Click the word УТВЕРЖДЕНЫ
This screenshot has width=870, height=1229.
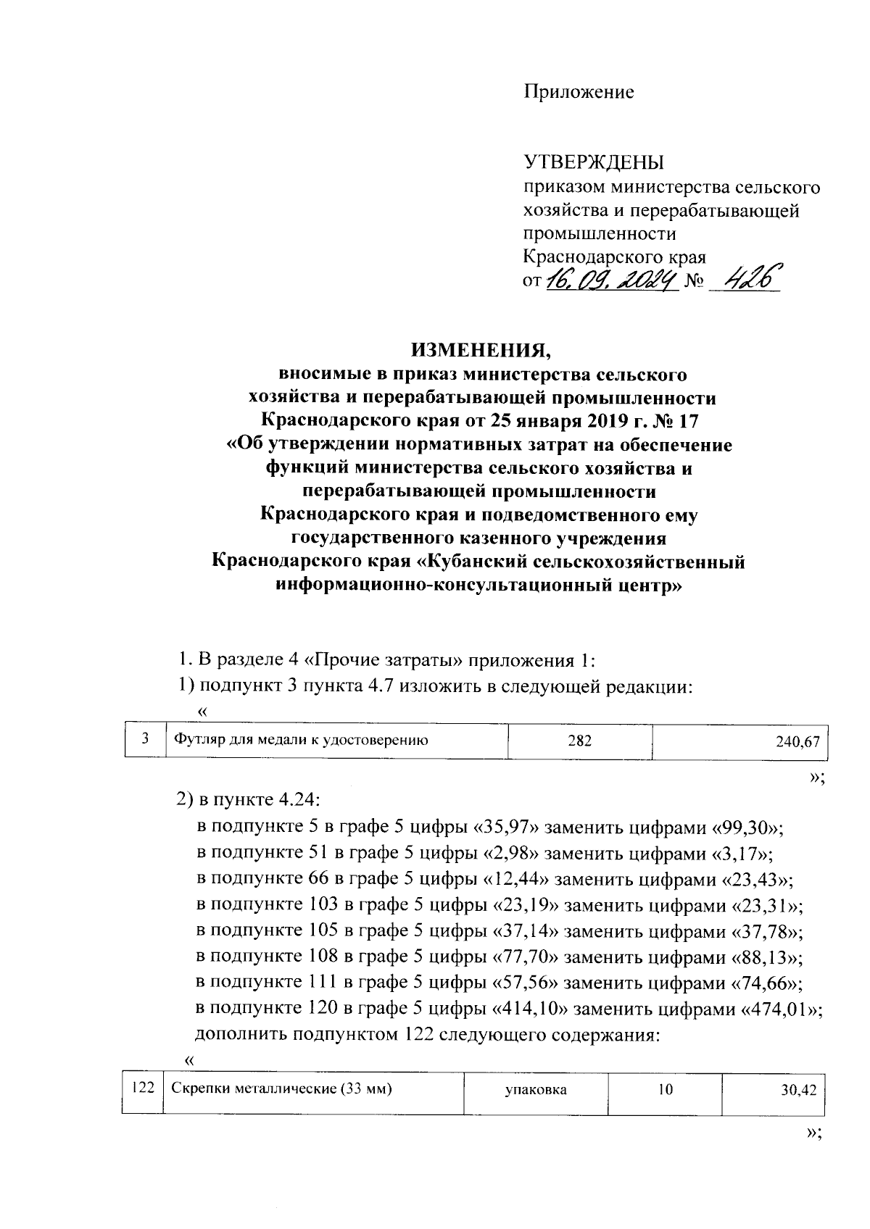[594, 162]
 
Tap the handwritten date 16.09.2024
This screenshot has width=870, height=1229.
[611, 278]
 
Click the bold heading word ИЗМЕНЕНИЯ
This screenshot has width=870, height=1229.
[481, 351]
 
